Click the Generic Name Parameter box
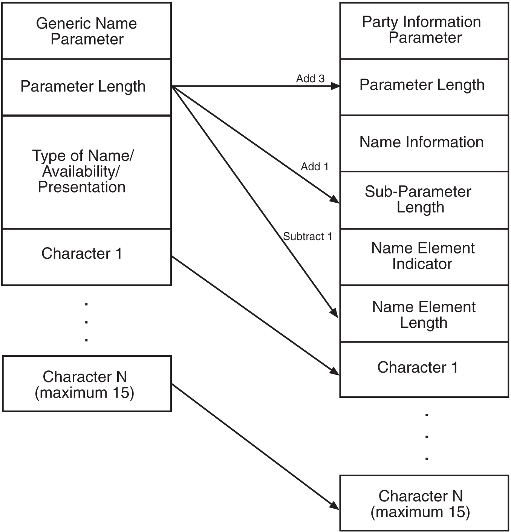[87, 31]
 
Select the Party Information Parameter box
[424, 30]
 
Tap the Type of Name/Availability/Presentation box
[87, 172]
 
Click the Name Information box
[424, 143]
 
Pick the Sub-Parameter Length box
[424, 200]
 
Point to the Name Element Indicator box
[424, 256]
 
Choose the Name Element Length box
[424, 314]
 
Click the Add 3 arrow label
[310, 78]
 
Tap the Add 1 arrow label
[315, 166]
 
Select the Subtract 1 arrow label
[308, 237]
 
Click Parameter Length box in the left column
[87, 87]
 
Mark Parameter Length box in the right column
[424, 86]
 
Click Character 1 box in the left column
[87, 256]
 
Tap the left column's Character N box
[87, 384]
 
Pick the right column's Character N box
[424, 503]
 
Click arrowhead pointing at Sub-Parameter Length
[335, 200]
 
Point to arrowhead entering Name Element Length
[334, 313]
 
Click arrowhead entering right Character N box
[335, 506]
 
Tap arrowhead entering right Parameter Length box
[335, 86]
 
